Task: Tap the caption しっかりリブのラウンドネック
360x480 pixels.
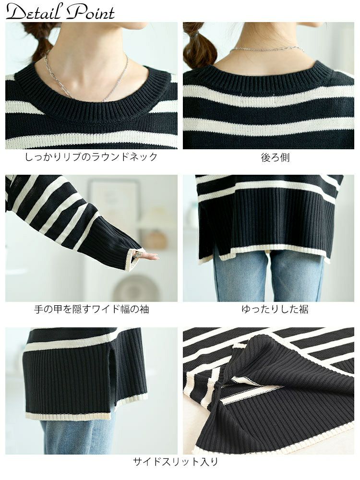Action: coord(91,157)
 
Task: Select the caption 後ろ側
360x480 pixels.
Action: coord(275,157)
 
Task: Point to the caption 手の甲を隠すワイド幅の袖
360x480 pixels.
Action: coord(91,309)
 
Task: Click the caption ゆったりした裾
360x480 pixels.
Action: coord(275,309)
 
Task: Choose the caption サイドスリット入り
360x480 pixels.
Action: coord(175,462)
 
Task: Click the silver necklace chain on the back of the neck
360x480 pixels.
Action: coord(266,48)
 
